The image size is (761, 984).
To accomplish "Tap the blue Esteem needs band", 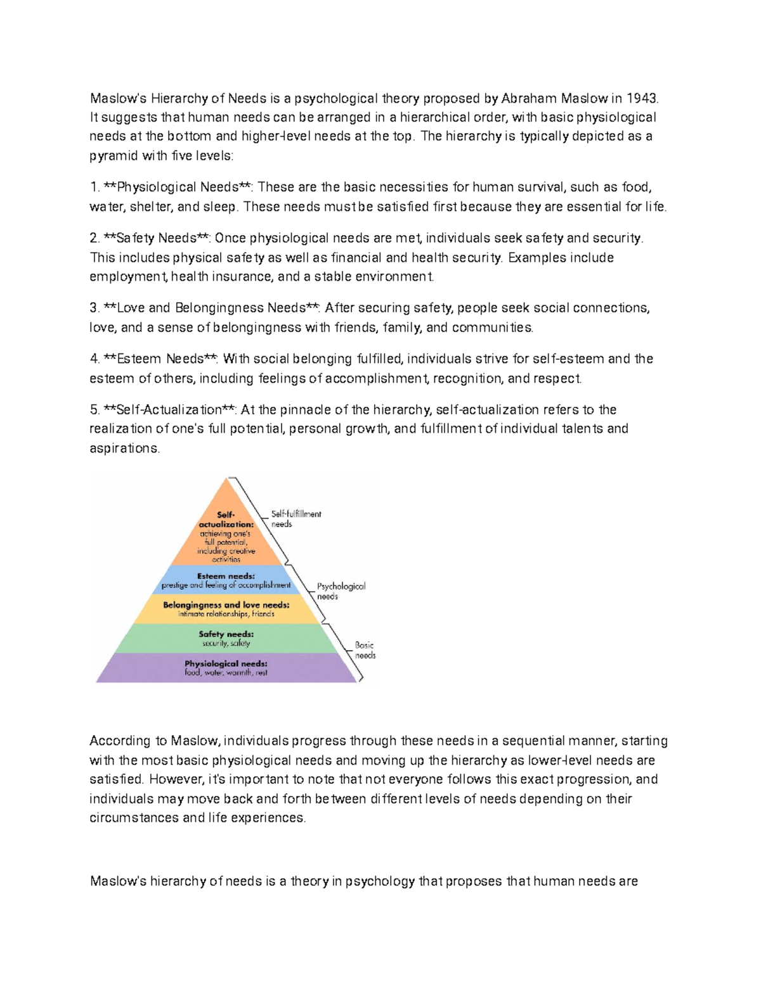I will (x=226, y=580).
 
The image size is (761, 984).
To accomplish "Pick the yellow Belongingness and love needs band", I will (x=226, y=609).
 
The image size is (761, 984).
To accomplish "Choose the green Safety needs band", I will (x=226, y=638).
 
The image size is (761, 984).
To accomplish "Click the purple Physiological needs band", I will (x=226, y=668).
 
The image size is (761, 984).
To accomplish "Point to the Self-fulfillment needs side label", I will (x=296, y=519).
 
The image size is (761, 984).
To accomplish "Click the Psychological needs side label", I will (x=341, y=591).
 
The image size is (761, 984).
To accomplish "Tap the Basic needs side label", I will (x=365, y=650).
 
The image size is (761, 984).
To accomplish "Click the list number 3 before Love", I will (x=93, y=309).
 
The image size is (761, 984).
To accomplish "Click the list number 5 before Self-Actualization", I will (x=93, y=410).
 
